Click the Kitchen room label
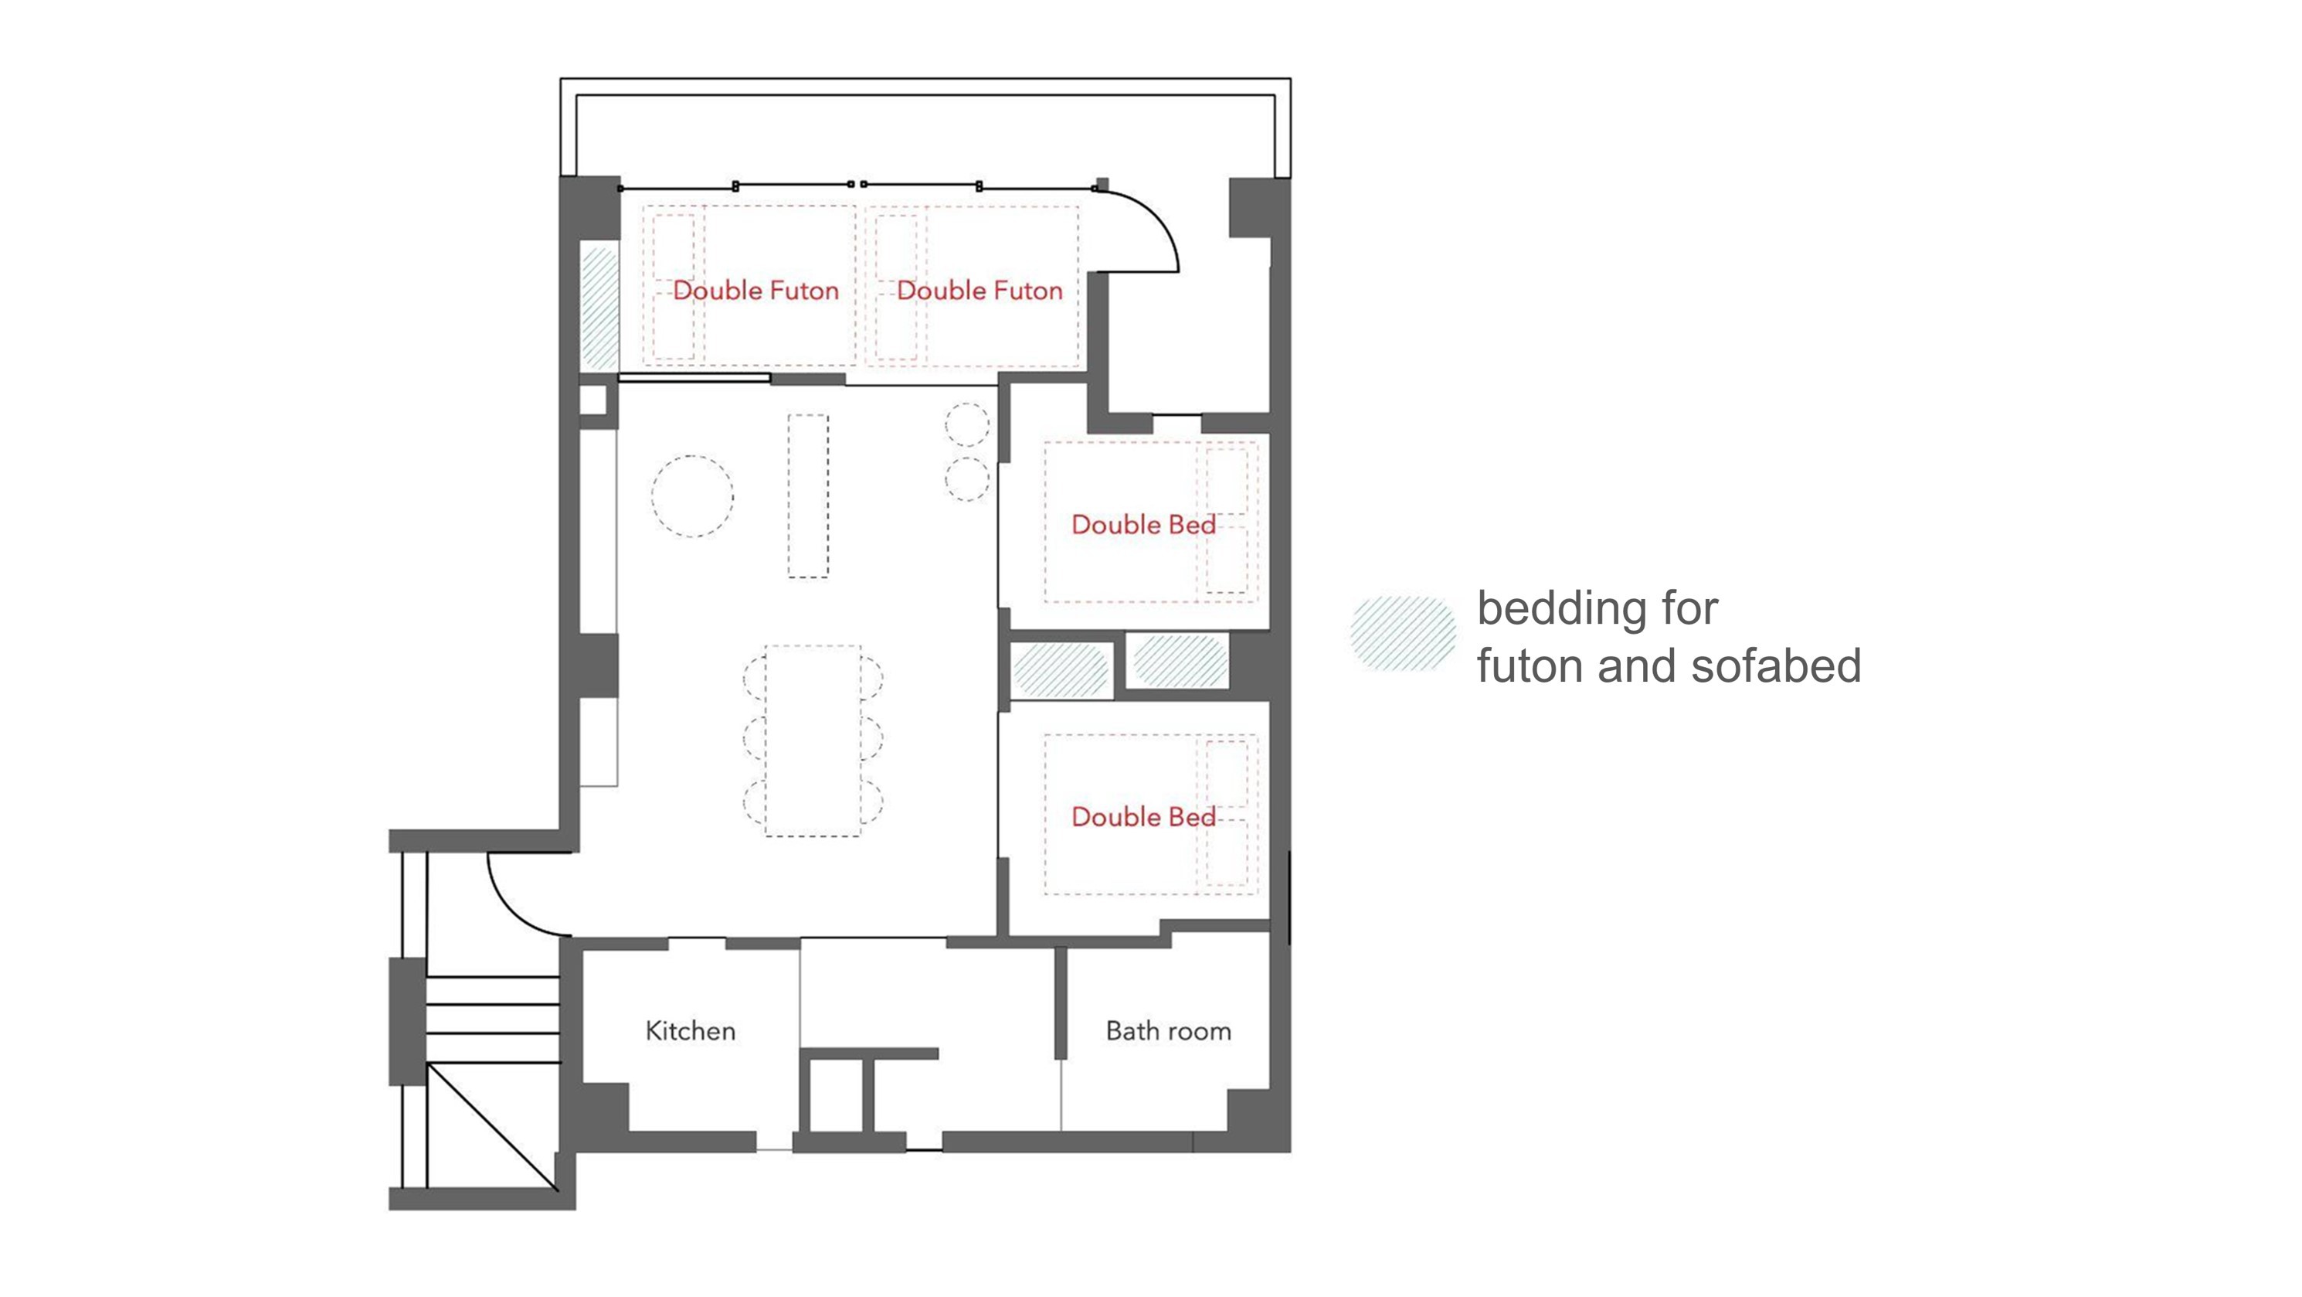[690, 1030]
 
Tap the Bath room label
[1168, 1030]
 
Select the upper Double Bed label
[1143, 525]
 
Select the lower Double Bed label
[1143, 816]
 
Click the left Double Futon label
[755, 291]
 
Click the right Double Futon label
[980, 291]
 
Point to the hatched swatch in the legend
[1404, 634]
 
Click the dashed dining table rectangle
[813, 741]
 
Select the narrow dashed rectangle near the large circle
[808, 496]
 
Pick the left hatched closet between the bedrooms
[1061, 669]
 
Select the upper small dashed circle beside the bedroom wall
[968, 424]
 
